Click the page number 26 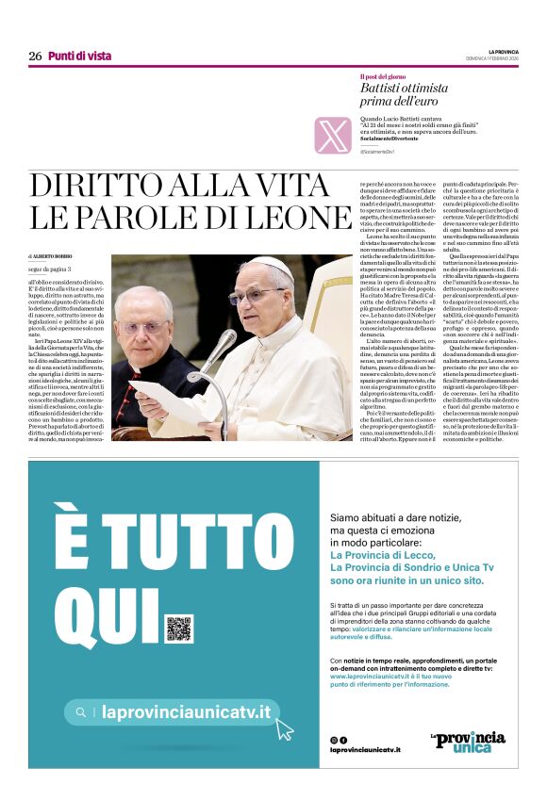click(x=35, y=57)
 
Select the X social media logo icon click(x=333, y=135)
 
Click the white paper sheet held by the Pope click(x=170, y=400)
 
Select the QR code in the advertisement click(x=178, y=629)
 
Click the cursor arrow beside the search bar click(x=285, y=728)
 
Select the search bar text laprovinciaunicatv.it click(x=186, y=712)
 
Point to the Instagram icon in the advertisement click(x=333, y=741)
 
